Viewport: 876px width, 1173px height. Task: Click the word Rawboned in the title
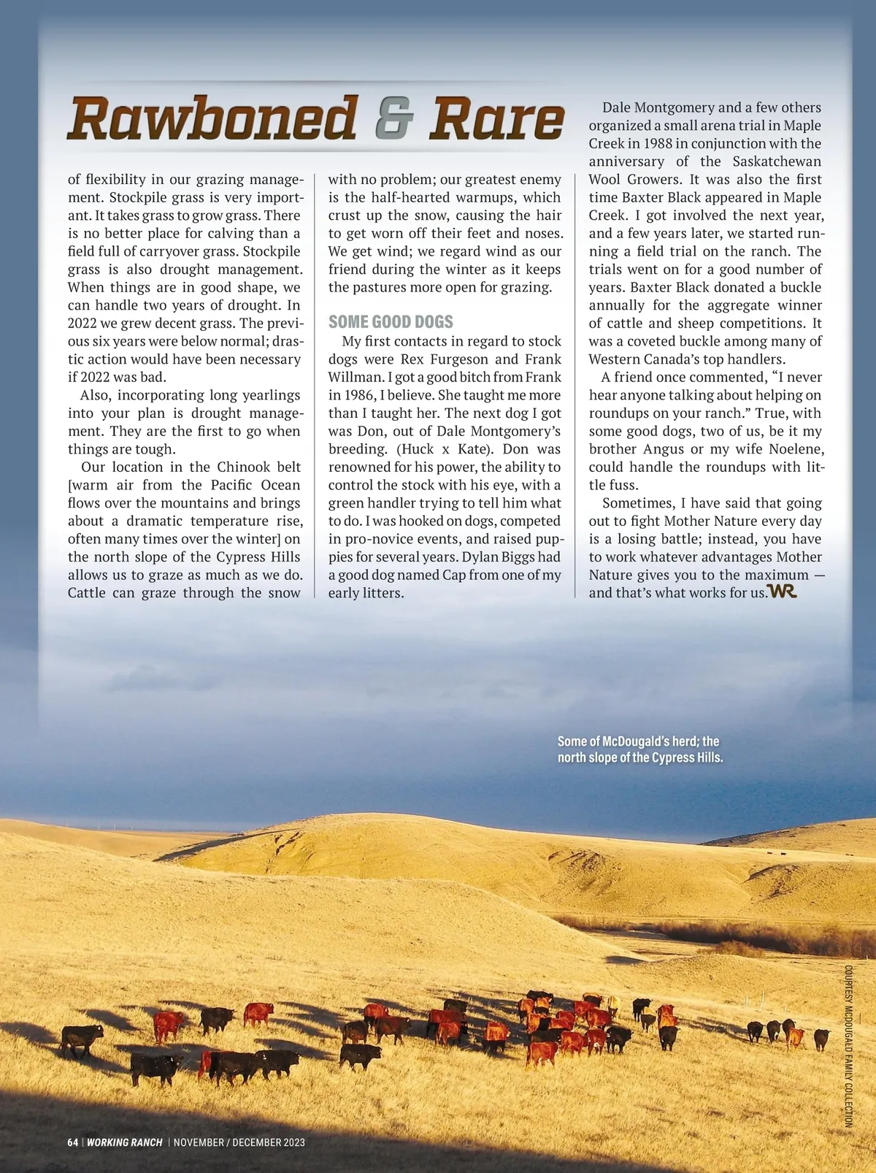212,118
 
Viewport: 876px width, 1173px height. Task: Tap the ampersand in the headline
394,118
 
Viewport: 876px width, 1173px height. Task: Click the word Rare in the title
496,118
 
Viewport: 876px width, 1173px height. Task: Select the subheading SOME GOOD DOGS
391,322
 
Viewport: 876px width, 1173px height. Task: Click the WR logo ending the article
782,592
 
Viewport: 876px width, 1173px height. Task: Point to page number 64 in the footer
72,1142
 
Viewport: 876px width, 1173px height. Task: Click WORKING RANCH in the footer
125,1142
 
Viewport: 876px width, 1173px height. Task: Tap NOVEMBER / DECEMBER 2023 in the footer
239,1142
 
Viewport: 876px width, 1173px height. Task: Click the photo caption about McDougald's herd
640,749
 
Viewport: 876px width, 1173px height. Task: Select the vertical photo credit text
848,1046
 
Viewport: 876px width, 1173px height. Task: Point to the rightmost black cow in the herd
821,1038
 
